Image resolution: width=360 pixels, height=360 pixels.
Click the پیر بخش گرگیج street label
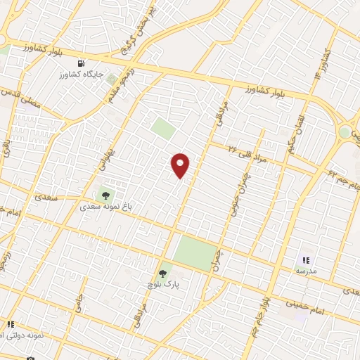[139, 28]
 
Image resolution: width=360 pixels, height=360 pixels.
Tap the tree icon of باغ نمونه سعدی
[105, 195]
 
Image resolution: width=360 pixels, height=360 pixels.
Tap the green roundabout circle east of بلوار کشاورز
[344, 131]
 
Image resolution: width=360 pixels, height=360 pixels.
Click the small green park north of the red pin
[163, 128]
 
